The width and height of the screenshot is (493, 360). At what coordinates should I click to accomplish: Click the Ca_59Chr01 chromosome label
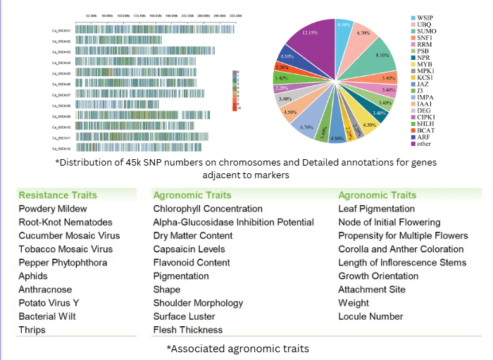coord(61,29)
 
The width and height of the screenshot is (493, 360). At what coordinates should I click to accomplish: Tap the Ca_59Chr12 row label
coord(61,148)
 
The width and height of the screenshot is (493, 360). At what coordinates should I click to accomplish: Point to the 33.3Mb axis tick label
coord(90,14)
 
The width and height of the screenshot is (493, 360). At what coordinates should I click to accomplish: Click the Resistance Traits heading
coord(58,195)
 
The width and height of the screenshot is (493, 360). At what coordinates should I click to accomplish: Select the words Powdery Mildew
coord(53,209)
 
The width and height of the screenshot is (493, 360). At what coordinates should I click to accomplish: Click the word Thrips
coord(32,330)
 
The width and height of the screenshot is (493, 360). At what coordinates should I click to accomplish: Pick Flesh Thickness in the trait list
coord(188,330)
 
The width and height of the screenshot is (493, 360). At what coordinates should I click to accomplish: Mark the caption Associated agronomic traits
coord(237,349)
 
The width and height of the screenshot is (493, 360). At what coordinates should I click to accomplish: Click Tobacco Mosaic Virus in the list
coord(65,249)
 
